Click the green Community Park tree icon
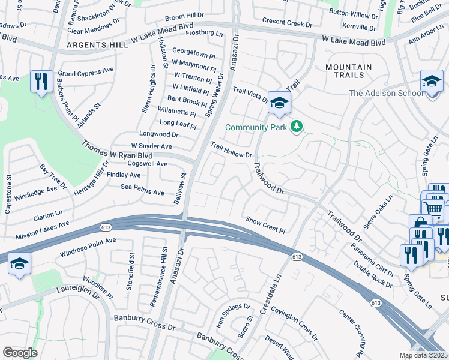(x=295, y=127)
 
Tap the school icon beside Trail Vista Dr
(x=279, y=103)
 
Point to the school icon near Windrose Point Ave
(x=19, y=263)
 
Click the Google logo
(x=20, y=352)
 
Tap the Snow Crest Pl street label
(x=265, y=225)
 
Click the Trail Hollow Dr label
(x=231, y=150)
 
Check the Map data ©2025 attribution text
(x=423, y=355)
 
